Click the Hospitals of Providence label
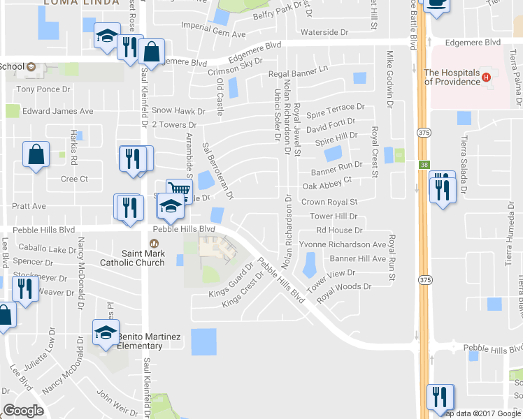(452, 77)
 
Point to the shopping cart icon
(179, 189)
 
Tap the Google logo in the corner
(23, 411)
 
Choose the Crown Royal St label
(329, 202)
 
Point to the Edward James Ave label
(57, 111)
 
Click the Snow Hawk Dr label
(178, 110)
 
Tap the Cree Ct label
(74, 179)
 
